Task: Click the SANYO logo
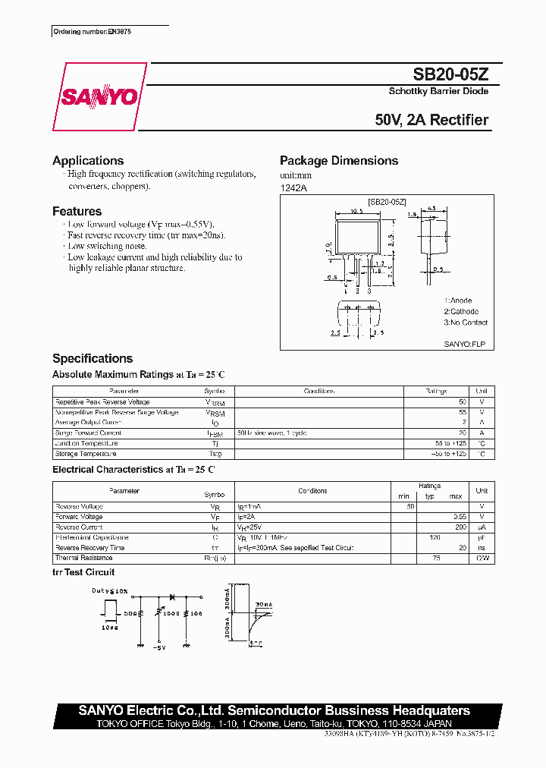[99, 97]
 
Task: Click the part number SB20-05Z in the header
[450, 74]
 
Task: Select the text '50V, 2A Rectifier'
[431, 120]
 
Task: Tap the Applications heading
[88, 161]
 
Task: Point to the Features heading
[77, 212]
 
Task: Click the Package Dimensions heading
[339, 161]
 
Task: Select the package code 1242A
[293, 187]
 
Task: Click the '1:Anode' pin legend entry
[459, 301]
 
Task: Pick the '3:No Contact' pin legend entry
[466, 323]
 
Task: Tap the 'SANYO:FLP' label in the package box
[464, 344]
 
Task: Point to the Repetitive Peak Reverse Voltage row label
[102, 402]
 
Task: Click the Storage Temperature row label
[86, 454]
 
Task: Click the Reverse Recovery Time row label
[90, 547]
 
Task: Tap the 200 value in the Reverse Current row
[460, 527]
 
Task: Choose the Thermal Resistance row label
[83, 558]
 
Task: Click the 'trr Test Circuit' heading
[83, 572]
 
